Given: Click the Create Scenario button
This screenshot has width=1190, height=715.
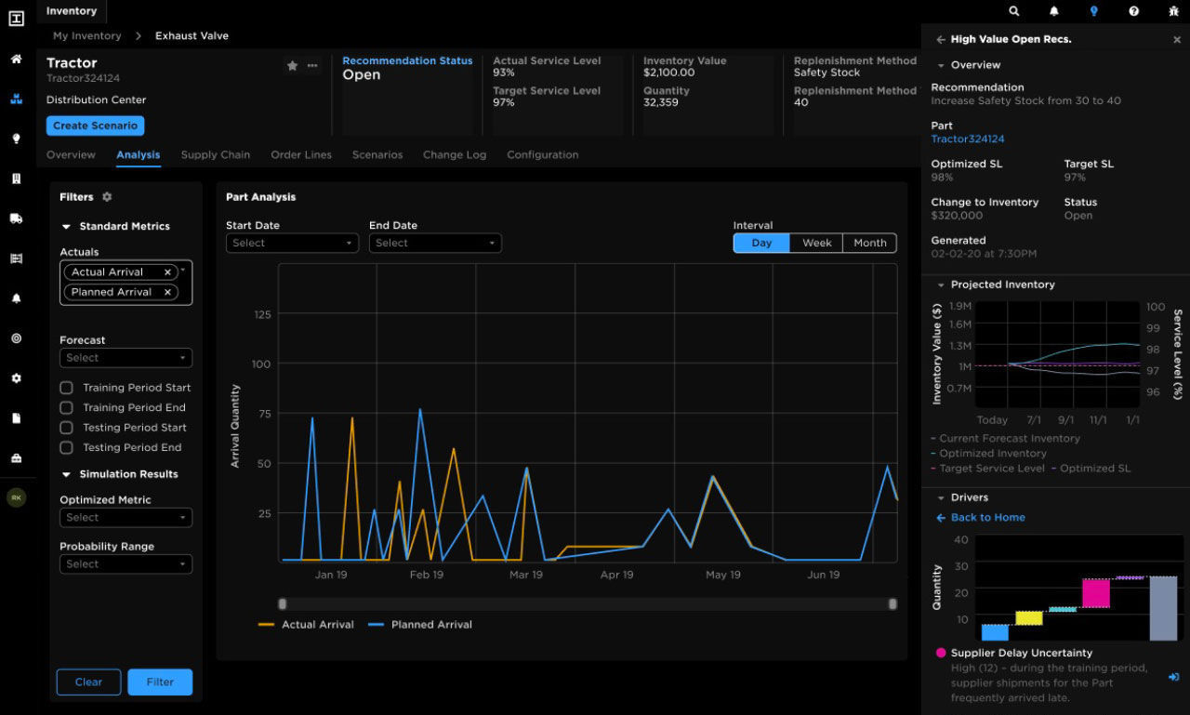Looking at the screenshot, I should coord(95,126).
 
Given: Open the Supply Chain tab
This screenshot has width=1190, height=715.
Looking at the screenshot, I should coord(215,155).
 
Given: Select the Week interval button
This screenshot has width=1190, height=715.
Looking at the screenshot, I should coord(816,243).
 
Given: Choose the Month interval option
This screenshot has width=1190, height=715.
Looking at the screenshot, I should coord(869,243).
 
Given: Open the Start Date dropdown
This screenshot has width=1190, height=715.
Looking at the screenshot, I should coord(292,243).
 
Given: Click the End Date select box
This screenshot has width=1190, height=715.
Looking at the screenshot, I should coord(434,243).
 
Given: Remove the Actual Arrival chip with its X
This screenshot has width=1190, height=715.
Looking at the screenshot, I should coord(167,272).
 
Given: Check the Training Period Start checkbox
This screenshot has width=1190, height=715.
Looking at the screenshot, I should coord(66,388).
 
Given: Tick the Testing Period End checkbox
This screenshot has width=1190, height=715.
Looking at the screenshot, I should coord(66,447).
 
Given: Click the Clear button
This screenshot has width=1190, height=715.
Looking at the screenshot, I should coord(88,682).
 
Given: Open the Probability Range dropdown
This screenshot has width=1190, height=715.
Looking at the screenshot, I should coord(126,563).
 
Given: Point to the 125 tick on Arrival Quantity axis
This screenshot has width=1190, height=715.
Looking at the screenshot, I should coord(262,314).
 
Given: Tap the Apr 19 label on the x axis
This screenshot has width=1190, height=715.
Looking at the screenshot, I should coord(616,575).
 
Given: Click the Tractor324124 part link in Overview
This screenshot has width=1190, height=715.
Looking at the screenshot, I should coord(968,139).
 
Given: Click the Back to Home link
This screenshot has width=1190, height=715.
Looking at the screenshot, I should coord(987,518).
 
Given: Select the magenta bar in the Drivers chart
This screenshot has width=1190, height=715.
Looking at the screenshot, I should coord(1096,593).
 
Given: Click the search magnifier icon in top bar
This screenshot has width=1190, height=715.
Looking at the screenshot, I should coord(1014,11).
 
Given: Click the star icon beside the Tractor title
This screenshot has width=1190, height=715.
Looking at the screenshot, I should coord(292,66).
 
